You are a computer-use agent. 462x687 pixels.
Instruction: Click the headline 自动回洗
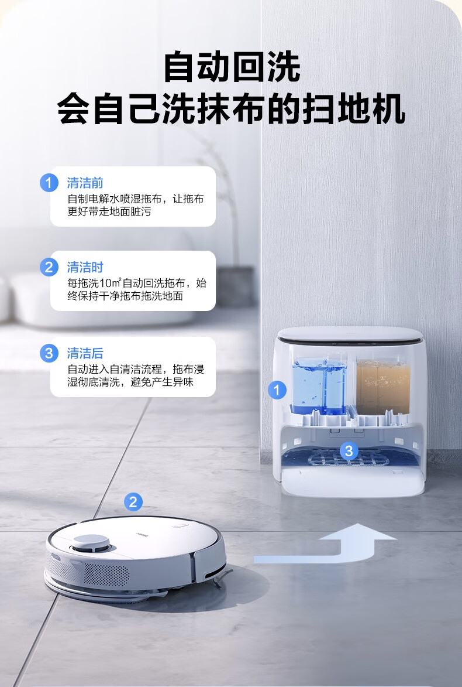[x=232, y=67]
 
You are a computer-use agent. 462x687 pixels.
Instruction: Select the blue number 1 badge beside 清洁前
[x=49, y=183]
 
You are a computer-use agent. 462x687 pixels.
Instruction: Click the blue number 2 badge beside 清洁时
[x=49, y=267]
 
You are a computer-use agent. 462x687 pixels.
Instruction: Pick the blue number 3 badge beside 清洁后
[x=49, y=353]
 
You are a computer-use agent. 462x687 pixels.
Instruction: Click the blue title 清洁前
[x=85, y=183]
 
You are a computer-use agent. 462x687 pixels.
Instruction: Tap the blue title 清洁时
[x=85, y=267]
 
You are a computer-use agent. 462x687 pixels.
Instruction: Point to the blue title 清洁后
[x=85, y=353]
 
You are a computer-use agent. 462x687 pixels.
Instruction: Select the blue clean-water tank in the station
[x=320, y=385]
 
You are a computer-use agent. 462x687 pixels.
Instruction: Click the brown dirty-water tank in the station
[x=383, y=385]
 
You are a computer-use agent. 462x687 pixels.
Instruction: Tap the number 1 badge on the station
[x=277, y=389]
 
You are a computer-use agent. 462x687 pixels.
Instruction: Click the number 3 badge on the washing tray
[x=349, y=450]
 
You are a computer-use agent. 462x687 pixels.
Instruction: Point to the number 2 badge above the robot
[x=133, y=502]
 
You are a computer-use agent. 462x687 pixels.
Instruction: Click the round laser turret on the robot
[x=91, y=544]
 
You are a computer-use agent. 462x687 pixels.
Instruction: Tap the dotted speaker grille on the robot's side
[x=106, y=575]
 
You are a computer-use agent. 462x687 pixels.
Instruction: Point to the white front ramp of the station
[x=353, y=481]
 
